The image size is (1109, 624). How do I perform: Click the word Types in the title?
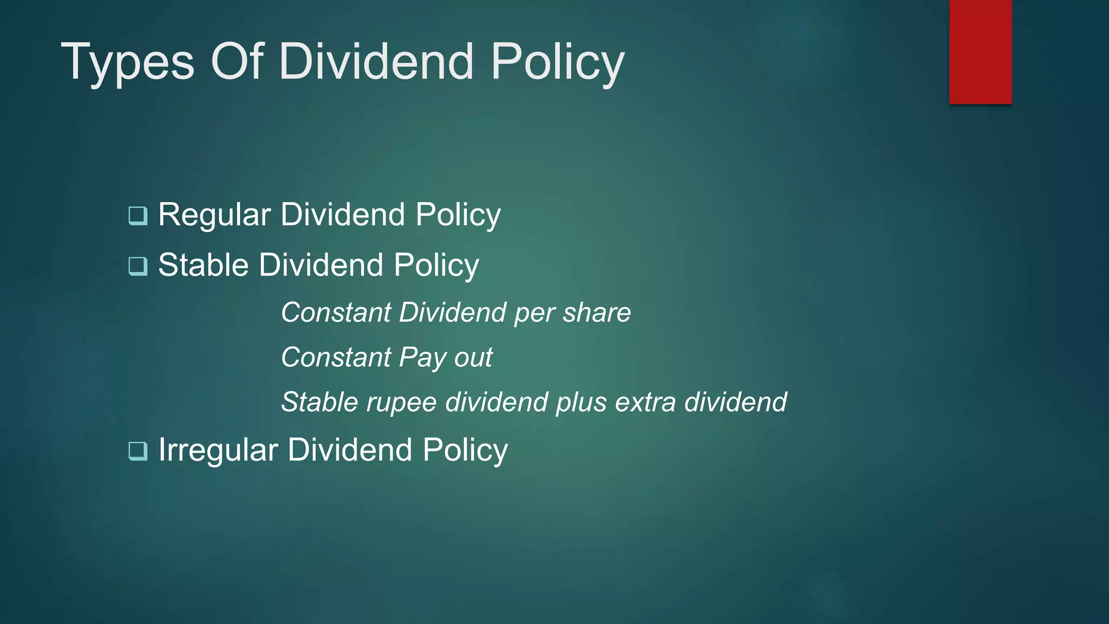(x=127, y=62)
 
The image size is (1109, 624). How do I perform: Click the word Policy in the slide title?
(x=557, y=62)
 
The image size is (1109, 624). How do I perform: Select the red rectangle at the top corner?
(x=980, y=51)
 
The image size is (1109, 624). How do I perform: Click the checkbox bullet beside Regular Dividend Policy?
(x=138, y=216)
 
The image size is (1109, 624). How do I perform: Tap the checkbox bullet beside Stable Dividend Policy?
(x=138, y=266)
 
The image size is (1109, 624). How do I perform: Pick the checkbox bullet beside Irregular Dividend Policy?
(x=138, y=451)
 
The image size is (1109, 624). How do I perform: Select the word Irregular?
(x=218, y=450)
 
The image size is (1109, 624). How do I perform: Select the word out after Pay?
(x=473, y=358)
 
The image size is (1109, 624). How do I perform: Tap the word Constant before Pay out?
(x=336, y=357)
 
